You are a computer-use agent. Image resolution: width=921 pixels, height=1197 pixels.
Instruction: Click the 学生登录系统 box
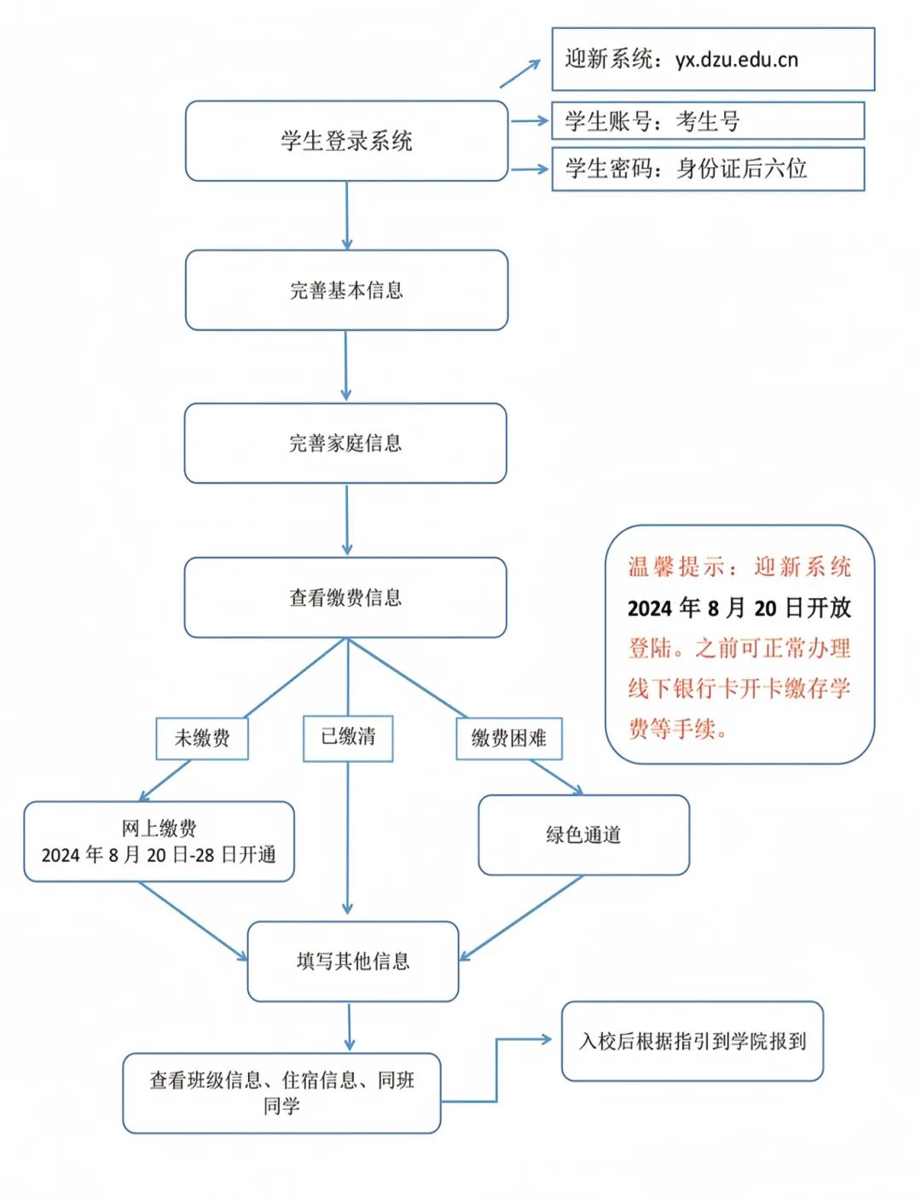click(346, 141)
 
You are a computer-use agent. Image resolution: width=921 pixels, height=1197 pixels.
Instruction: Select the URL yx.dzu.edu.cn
click(737, 60)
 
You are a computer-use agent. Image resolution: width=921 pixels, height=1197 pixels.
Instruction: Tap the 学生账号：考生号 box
click(708, 121)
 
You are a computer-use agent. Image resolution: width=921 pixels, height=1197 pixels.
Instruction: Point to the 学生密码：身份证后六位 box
click(708, 169)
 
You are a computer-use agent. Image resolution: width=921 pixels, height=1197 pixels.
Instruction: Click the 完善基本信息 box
click(346, 290)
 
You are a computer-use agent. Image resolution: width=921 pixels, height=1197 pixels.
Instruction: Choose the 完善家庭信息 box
click(345, 444)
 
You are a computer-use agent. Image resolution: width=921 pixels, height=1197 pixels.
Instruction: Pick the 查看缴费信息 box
click(345, 597)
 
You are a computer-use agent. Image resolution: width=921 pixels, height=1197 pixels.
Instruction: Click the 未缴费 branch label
click(202, 738)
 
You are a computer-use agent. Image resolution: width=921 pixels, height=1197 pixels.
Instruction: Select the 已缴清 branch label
click(348, 736)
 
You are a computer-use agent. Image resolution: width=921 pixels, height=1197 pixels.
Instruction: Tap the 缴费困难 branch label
click(509, 738)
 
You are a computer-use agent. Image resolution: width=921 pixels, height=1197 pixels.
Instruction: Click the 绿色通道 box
click(583, 835)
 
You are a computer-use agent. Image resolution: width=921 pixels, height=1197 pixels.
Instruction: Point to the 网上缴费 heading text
click(159, 828)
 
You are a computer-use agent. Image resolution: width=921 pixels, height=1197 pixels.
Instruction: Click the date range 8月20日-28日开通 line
click(159, 855)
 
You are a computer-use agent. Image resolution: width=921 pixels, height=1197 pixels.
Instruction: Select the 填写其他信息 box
click(353, 962)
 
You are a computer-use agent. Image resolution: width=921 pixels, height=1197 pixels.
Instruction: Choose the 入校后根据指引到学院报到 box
click(692, 1041)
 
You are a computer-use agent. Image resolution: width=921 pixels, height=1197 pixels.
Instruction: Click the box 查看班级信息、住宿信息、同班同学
click(281, 1093)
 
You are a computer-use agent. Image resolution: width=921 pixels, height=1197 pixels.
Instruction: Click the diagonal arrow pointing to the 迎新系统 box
click(520, 73)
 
